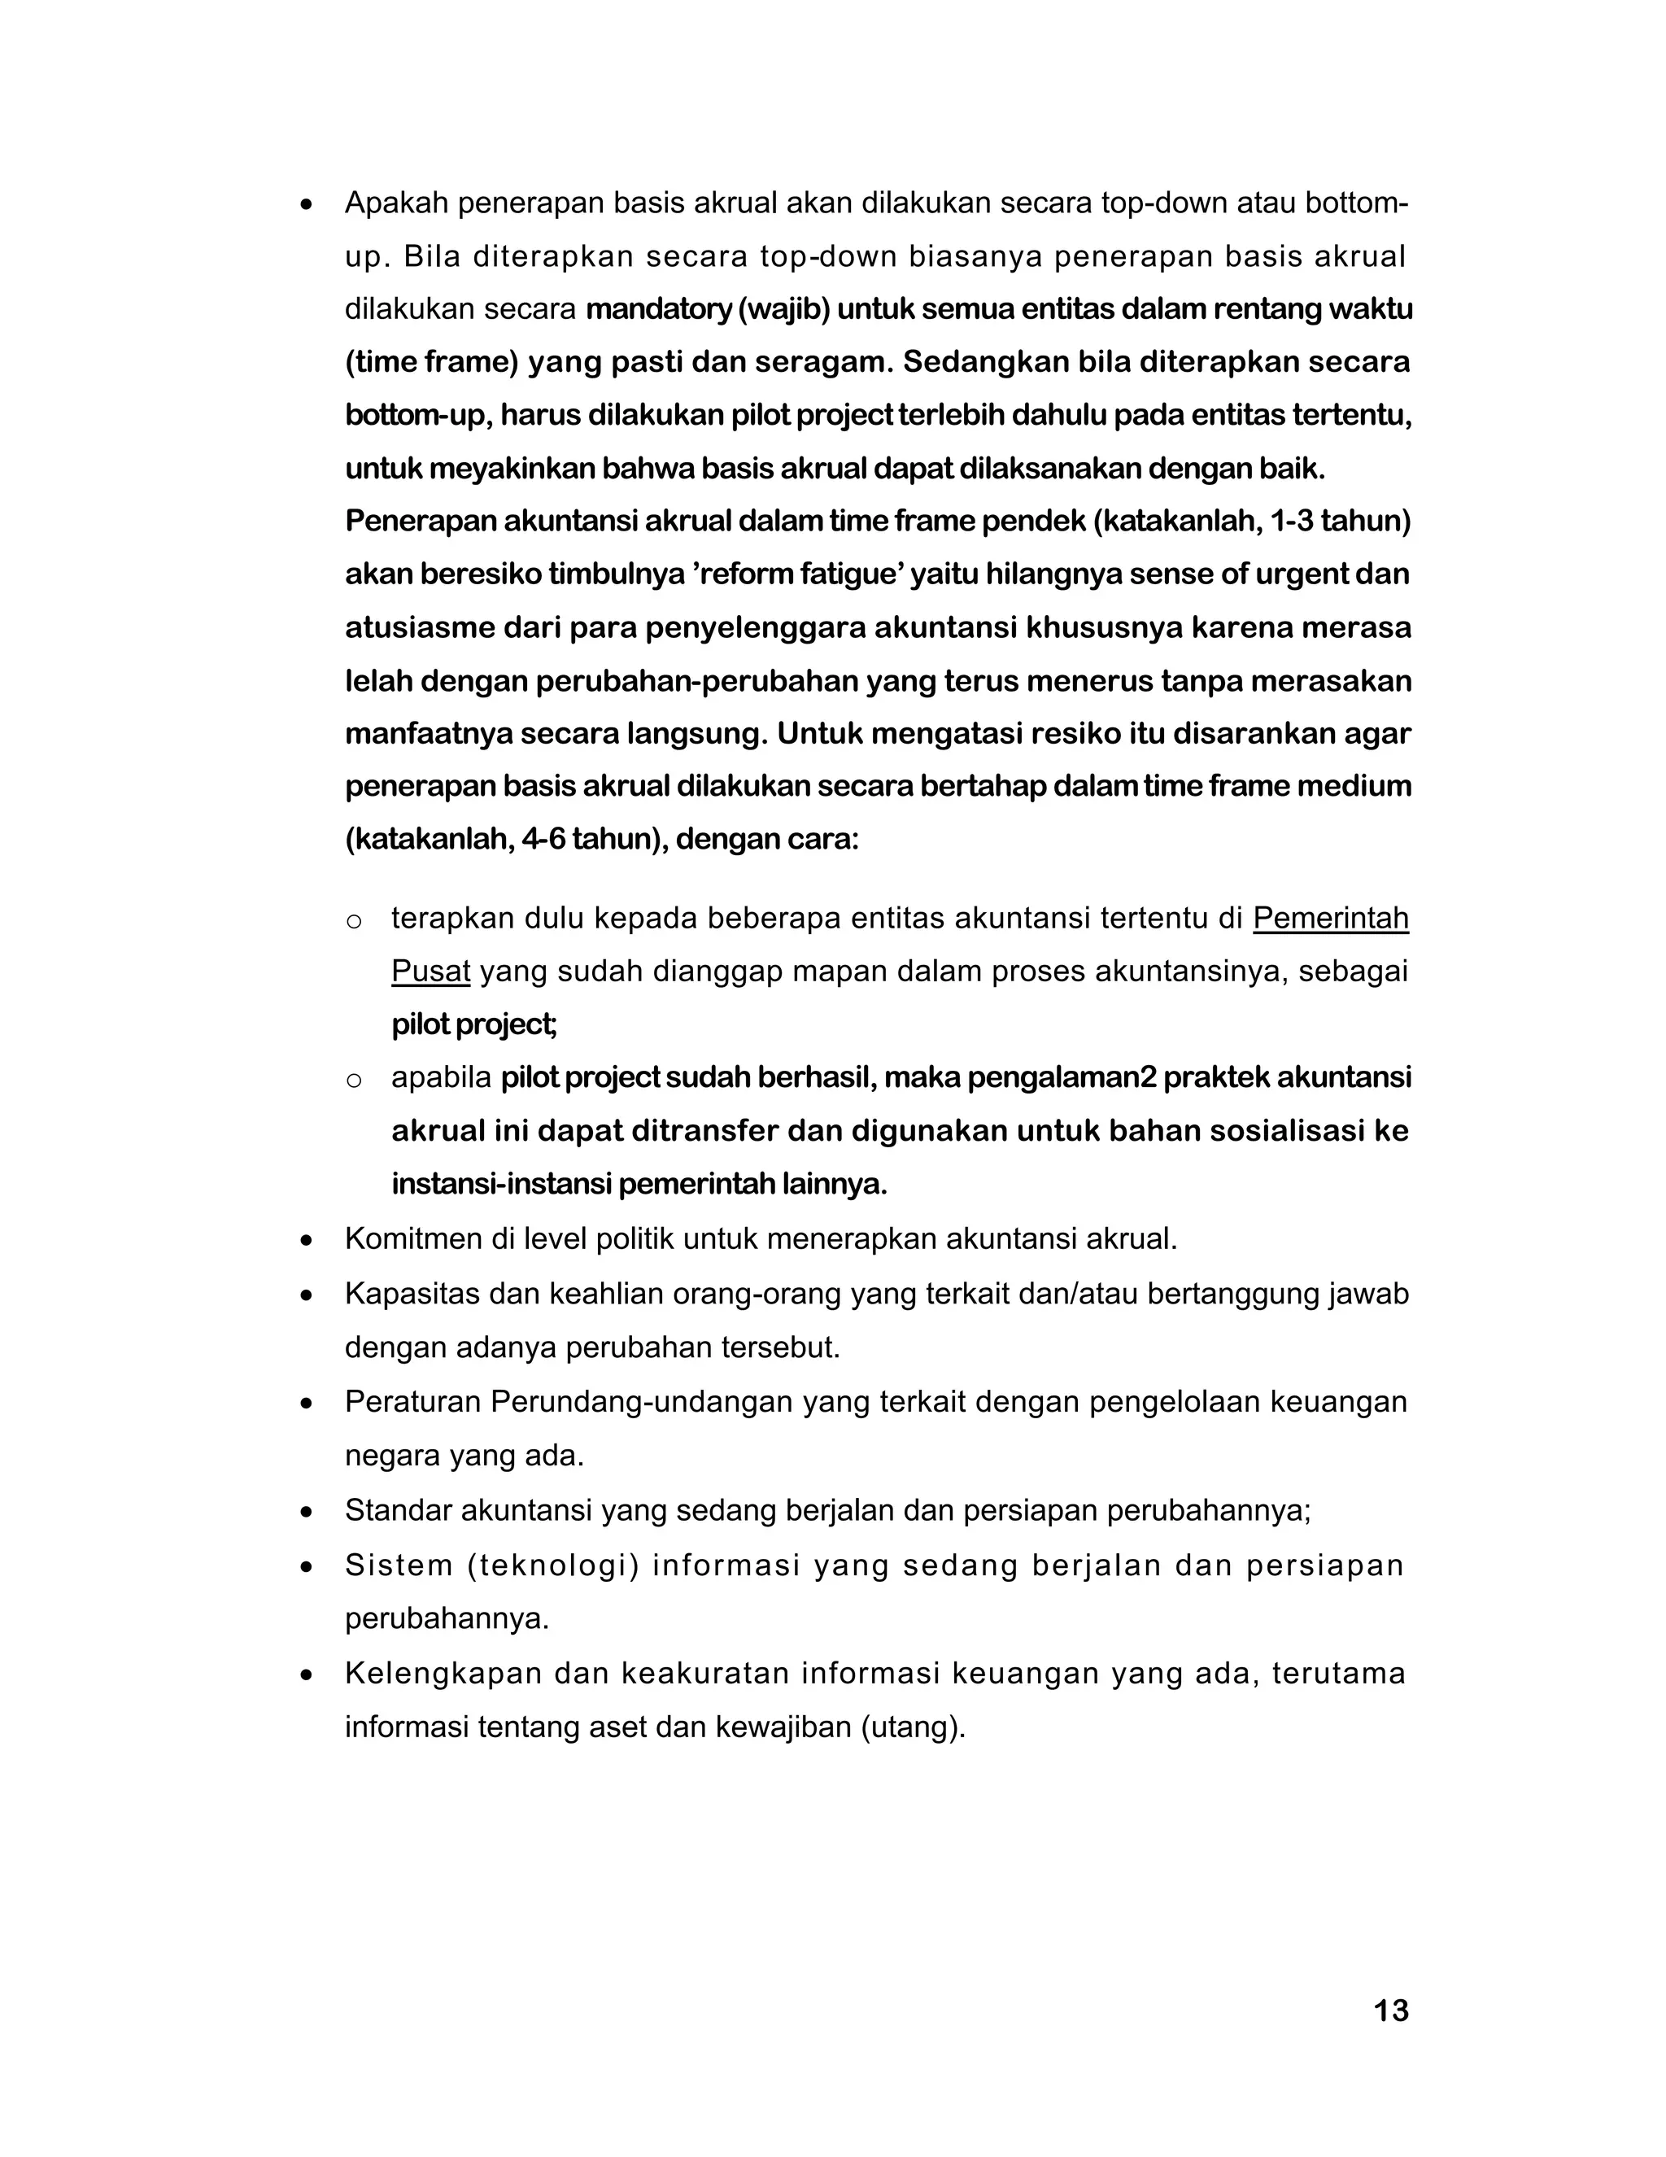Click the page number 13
(1390, 2010)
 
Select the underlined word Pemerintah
(1330, 919)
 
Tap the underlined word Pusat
(430, 972)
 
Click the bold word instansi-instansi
(499, 1183)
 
